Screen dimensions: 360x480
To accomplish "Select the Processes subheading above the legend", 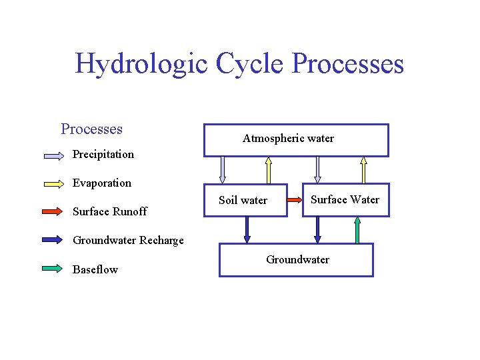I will pyautogui.click(x=91, y=129).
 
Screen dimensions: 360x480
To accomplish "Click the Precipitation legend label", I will pyautogui.click(x=103, y=154).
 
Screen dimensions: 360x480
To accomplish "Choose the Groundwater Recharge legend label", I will pyautogui.click(x=128, y=240).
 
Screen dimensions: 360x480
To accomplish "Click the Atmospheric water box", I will pyautogui.click(x=295, y=140).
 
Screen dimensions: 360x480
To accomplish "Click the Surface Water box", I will pyautogui.click(x=345, y=199).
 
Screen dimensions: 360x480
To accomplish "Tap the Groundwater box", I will pyautogui.click(x=296, y=260).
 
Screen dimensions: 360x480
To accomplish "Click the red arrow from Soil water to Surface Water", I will pyautogui.click(x=295, y=199).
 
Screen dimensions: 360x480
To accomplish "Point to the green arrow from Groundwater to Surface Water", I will pyautogui.click(x=357, y=230).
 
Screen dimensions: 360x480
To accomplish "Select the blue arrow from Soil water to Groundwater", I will pyautogui.click(x=247, y=230).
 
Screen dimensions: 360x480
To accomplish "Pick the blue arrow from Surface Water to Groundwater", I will pyautogui.click(x=317, y=230).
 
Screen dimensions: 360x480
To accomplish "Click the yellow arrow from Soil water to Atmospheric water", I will pyautogui.click(x=268, y=170).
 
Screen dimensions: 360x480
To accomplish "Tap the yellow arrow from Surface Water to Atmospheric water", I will pyautogui.click(x=363, y=170).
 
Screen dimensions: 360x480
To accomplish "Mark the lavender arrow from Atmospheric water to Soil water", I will pyautogui.click(x=223, y=170).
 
